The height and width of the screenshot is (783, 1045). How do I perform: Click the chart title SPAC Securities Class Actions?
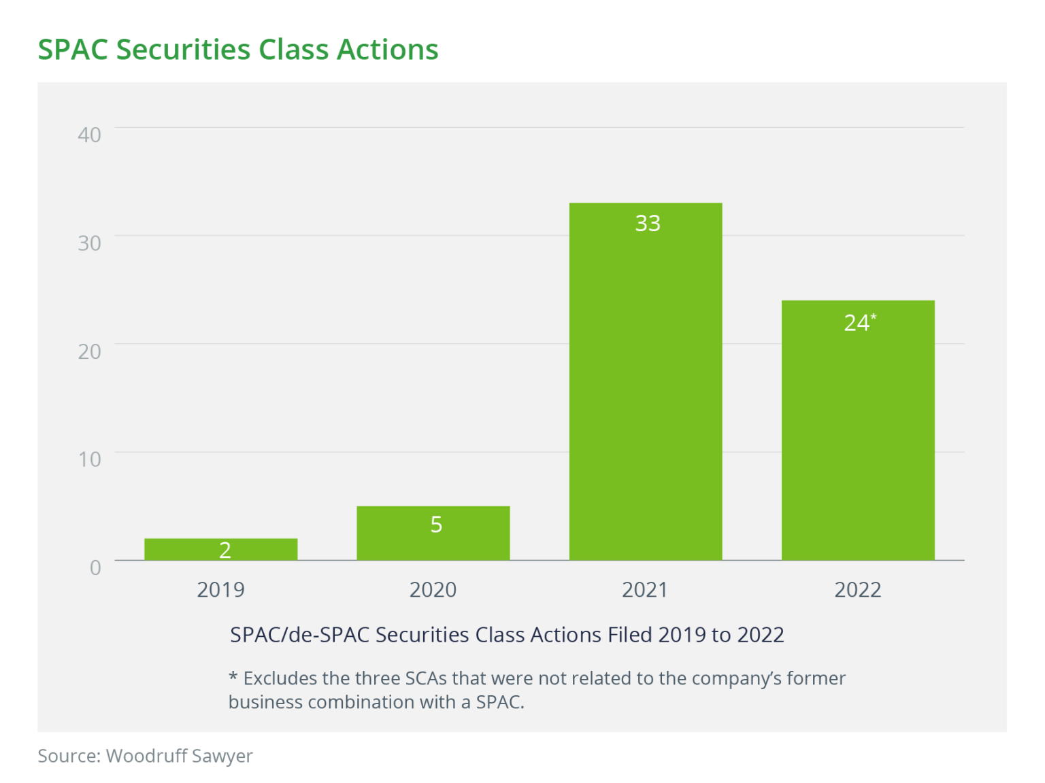pyautogui.click(x=237, y=50)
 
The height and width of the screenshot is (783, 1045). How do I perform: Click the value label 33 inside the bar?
pyautogui.click(x=648, y=223)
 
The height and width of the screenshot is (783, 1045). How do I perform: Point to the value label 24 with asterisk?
pyautogui.click(x=859, y=322)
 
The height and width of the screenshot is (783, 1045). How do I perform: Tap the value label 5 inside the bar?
pyautogui.click(x=436, y=524)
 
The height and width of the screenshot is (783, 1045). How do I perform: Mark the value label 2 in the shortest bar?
pyautogui.click(x=225, y=550)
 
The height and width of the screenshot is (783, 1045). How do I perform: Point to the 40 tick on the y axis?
pyautogui.click(x=89, y=135)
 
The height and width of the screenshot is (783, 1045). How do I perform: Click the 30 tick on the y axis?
pyautogui.click(x=89, y=243)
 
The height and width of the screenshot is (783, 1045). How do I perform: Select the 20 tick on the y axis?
pyautogui.click(x=89, y=351)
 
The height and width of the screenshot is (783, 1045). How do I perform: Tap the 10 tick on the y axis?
pyautogui.click(x=89, y=459)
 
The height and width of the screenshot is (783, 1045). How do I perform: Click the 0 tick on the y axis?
pyautogui.click(x=95, y=568)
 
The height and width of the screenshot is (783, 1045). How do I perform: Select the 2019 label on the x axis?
pyautogui.click(x=220, y=589)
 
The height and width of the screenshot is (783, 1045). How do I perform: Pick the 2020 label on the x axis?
pyautogui.click(x=433, y=589)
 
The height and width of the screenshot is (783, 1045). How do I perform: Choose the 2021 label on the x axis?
pyautogui.click(x=645, y=589)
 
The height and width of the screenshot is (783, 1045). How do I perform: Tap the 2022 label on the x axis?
pyautogui.click(x=857, y=589)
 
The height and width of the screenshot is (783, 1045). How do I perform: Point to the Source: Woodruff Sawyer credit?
pyautogui.click(x=145, y=756)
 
